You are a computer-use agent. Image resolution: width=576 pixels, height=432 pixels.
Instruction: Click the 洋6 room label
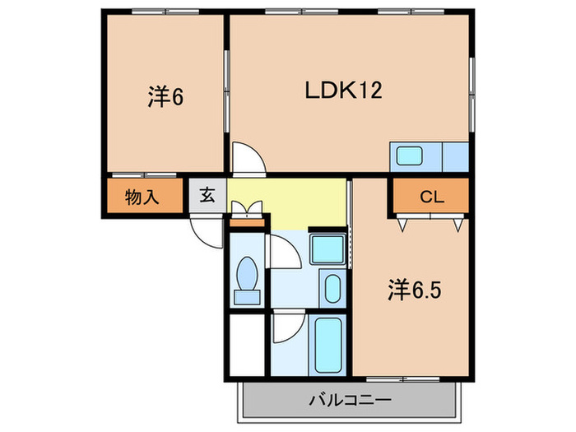point(165,97)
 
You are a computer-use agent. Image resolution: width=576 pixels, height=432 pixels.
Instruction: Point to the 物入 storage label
point(142,197)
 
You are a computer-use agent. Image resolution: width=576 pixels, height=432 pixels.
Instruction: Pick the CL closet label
point(432,197)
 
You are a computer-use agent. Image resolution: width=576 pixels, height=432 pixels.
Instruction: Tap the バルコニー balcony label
point(350,401)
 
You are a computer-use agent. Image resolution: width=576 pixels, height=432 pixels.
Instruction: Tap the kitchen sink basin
point(407,156)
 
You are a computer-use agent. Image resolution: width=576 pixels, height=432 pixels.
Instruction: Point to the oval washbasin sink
point(332,289)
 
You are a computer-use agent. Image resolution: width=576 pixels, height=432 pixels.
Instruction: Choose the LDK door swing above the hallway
point(246,156)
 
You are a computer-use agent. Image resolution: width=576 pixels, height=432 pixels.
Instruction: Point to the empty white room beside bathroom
point(248,346)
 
